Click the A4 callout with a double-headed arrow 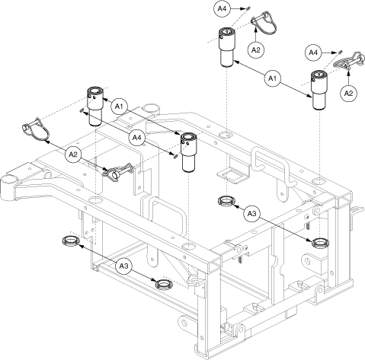(136, 138)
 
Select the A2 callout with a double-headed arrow (73, 154)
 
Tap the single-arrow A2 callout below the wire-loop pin (256, 50)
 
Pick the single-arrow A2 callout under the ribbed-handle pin (348, 94)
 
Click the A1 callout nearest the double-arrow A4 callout (119, 107)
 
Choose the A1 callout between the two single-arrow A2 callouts (272, 78)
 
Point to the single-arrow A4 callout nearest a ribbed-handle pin (313, 53)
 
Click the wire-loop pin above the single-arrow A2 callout (264, 22)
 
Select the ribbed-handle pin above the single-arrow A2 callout (349, 61)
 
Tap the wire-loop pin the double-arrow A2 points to (36, 129)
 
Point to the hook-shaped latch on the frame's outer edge (355, 212)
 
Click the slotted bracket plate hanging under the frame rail (233, 174)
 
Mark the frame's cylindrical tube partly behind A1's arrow (151, 109)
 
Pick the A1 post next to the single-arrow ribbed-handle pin (319, 91)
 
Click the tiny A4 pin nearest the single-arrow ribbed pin (340, 52)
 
